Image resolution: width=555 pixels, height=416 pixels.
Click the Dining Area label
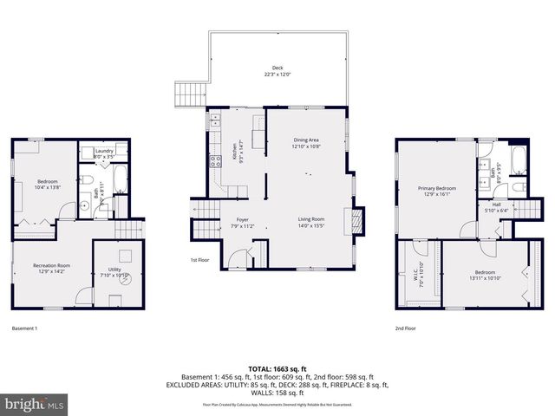[x=306, y=143]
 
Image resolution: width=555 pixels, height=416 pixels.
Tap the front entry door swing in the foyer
[x=237, y=257]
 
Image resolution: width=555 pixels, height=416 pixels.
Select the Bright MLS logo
[x=35, y=404]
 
